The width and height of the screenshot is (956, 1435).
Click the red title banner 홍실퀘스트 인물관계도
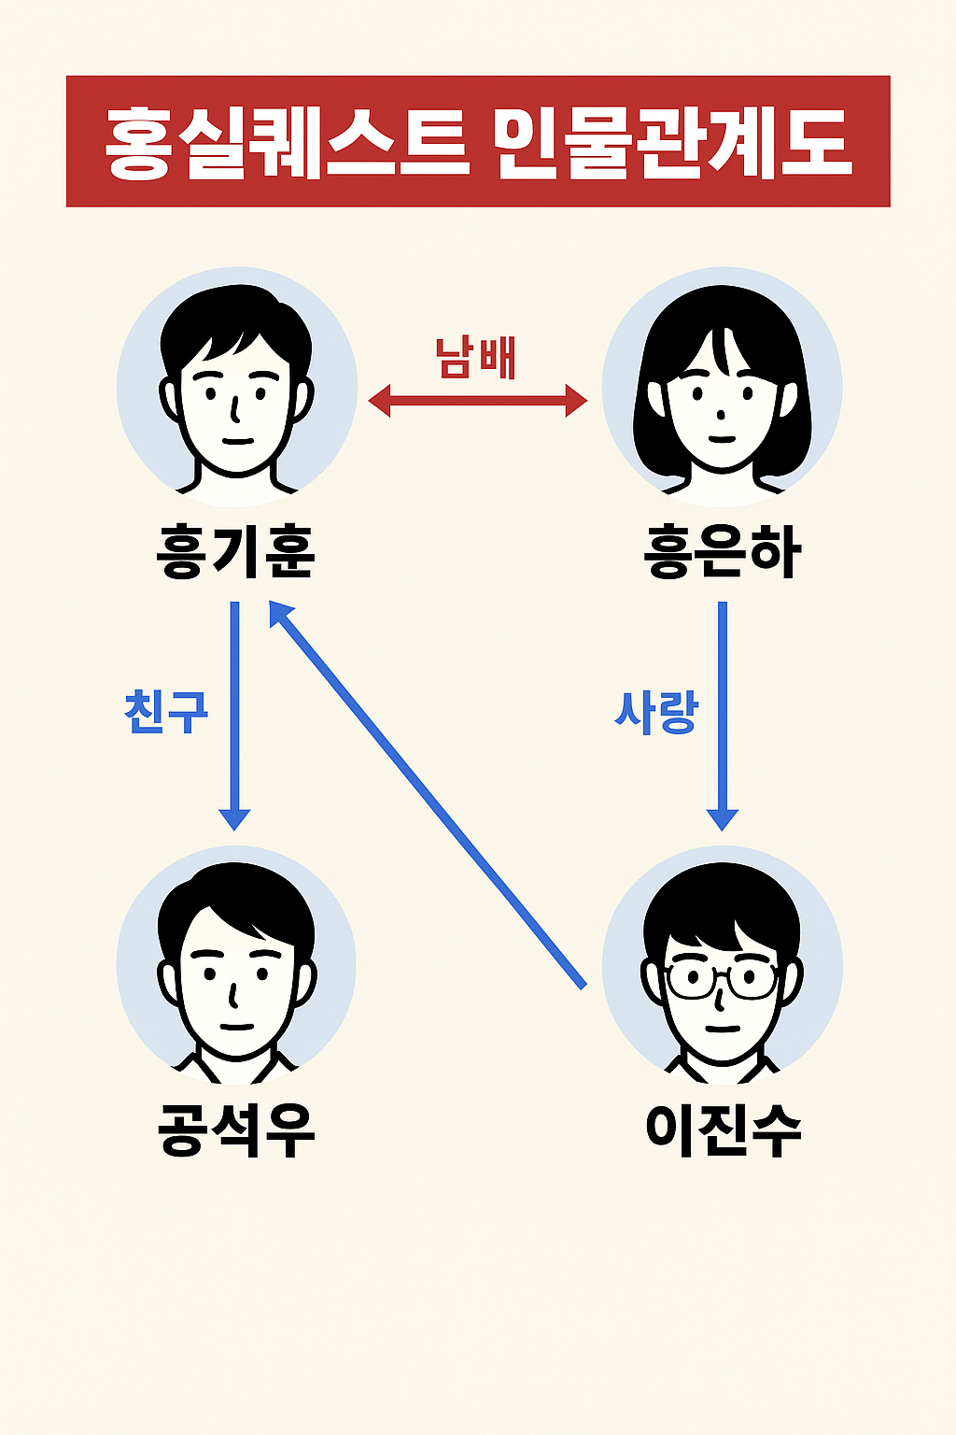pos(478,141)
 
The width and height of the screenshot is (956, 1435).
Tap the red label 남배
pos(476,358)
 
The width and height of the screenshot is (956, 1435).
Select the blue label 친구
pos(166,712)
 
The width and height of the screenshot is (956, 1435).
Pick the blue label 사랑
pos(656,712)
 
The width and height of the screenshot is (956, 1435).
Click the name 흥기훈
pos(236,552)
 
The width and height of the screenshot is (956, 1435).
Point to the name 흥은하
pos(723,552)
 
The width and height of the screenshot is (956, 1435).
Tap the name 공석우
pos(236,1130)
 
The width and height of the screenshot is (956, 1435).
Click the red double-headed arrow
pos(478,403)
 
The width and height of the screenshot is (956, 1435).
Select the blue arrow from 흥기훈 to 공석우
pos(234,710)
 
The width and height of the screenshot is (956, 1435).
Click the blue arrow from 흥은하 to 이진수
pos(722,710)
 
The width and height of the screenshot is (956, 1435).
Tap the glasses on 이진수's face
pos(722,980)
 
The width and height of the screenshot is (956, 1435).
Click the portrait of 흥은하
pos(722,387)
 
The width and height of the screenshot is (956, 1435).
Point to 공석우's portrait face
pos(236,972)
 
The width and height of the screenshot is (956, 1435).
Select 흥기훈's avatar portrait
pos(236,387)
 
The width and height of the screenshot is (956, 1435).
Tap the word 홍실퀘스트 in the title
pos(286,142)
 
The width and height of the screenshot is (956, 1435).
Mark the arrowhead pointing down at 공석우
pos(234,817)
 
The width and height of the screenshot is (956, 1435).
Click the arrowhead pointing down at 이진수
pos(722,817)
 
